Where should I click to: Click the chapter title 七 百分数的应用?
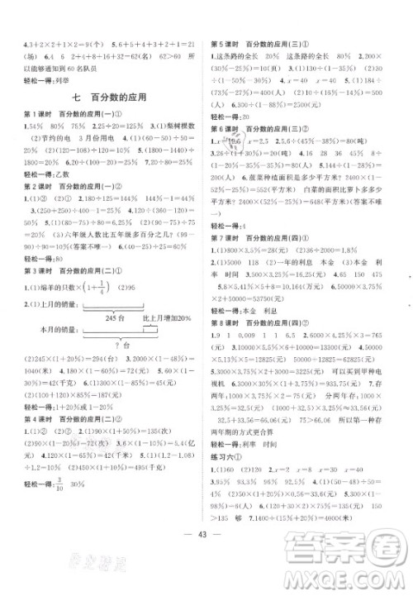[107, 98]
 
